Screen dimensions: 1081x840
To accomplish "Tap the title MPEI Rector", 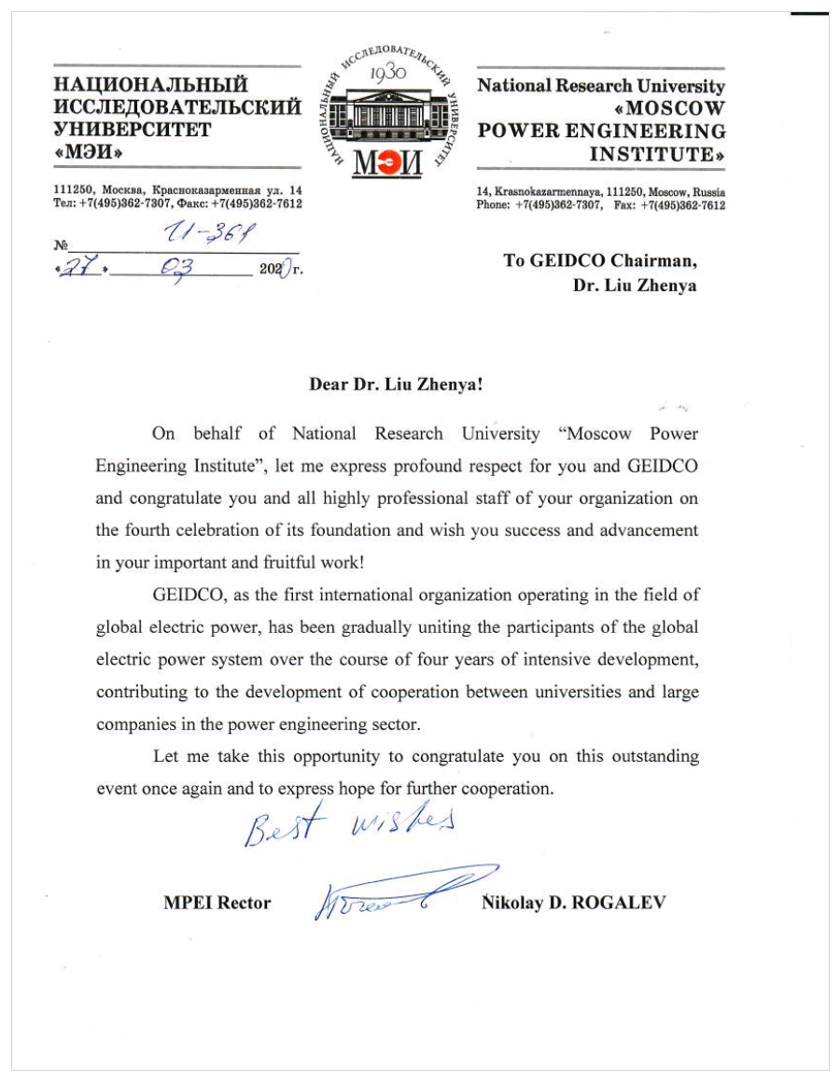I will [217, 903].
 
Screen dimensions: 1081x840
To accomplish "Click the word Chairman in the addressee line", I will [653, 260].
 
